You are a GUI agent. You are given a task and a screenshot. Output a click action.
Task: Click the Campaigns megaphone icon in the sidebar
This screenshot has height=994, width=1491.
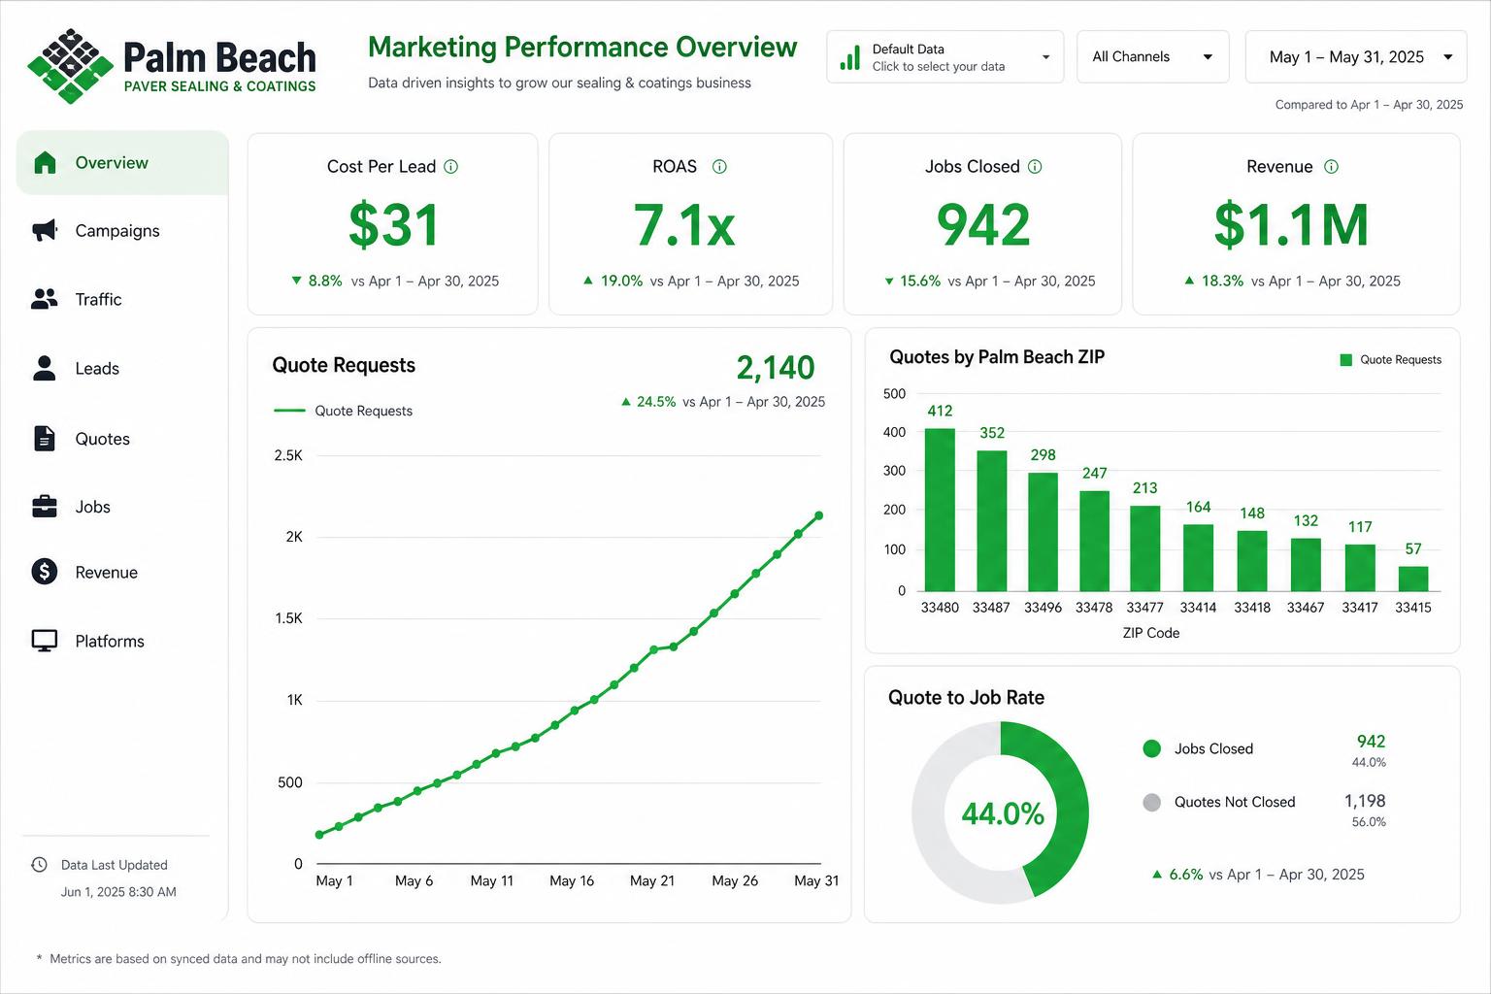45,230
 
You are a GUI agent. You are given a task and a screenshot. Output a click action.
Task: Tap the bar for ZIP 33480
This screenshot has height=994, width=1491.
940,510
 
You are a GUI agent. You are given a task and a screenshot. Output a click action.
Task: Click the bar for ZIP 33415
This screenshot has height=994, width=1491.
1413,579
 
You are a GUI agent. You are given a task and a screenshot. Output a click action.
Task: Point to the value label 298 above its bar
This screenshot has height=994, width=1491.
1044,454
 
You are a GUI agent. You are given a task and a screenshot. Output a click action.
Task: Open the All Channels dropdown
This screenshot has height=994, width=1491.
1153,56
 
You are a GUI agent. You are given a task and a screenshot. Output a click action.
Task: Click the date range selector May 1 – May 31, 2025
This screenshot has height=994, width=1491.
1356,56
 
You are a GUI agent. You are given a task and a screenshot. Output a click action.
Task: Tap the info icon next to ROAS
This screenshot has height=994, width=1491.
719,166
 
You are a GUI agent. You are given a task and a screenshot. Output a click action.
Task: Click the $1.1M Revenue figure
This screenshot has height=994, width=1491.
1291,225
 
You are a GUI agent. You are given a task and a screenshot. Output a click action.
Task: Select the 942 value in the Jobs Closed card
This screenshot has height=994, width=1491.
983,225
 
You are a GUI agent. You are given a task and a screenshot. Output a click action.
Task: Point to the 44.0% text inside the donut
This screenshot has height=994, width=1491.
1003,813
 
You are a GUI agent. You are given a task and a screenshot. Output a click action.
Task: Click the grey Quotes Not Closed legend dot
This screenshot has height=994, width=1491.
1151,802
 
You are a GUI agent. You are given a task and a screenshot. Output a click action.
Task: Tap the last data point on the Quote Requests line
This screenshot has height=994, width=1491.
818,515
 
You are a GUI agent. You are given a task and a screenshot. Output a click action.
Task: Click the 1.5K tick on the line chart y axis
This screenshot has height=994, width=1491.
289,618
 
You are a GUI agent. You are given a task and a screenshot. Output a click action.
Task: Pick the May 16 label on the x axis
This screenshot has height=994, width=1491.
572,880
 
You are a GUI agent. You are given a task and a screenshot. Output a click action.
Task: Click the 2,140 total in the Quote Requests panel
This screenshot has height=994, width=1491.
776,368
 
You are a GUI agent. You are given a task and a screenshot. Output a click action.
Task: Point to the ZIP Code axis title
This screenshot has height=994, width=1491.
1151,633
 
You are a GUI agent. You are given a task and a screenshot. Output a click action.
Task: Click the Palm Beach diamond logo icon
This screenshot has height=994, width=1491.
71,66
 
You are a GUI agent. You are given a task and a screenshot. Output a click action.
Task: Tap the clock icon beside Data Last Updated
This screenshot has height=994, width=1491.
39,864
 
